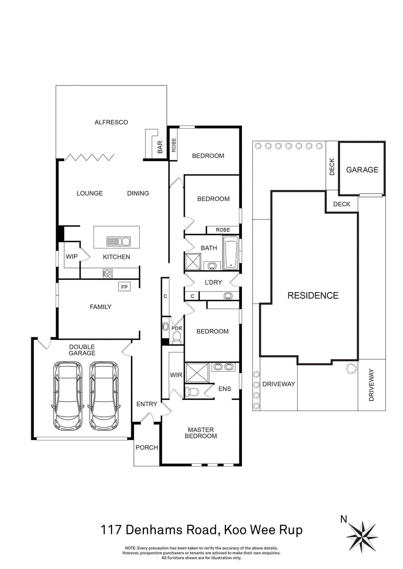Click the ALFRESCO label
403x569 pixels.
[x=111, y=122]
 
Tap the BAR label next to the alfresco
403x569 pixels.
[x=160, y=147]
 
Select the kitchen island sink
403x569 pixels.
[x=118, y=242]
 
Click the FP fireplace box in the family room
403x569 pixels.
[x=124, y=287]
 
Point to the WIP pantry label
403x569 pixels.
[x=72, y=257]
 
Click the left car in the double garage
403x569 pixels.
[x=68, y=395]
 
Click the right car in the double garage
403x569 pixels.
[x=104, y=395]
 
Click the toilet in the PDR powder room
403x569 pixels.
[x=177, y=339]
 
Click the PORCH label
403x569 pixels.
[x=147, y=447]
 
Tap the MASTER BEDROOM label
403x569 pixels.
[x=201, y=433]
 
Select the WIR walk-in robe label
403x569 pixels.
[x=176, y=375]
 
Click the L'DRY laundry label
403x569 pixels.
[x=213, y=282]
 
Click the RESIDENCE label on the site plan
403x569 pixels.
[x=313, y=296]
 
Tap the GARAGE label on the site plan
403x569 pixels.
[x=362, y=170]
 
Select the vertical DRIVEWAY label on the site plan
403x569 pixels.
[x=372, y=385]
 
